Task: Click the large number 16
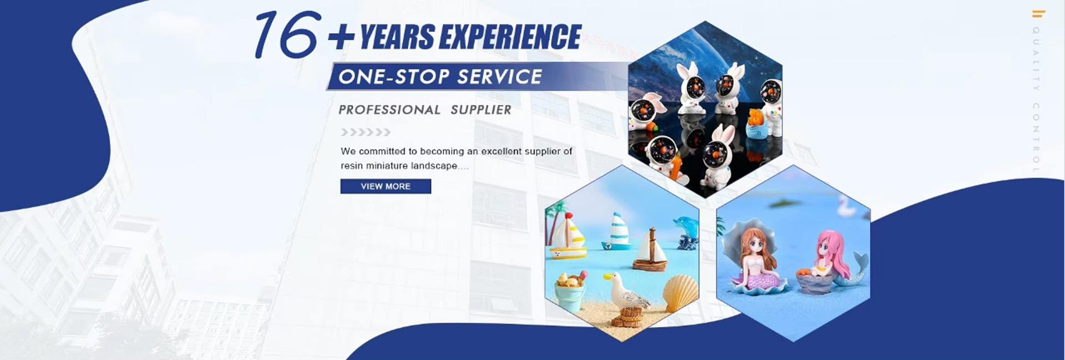pos(286,35)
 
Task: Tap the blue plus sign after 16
pos(341,38)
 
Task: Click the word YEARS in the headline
pos(397,38)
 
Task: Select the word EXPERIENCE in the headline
pos(510,38)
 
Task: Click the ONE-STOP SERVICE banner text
pos(440,77)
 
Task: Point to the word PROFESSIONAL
pos(389,110)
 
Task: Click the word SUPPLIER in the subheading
pos(481,110)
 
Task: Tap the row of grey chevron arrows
pos(366,132)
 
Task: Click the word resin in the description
pos(352,166)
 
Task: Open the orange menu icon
pos(1038,14)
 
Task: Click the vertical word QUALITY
pos(1036,59)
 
